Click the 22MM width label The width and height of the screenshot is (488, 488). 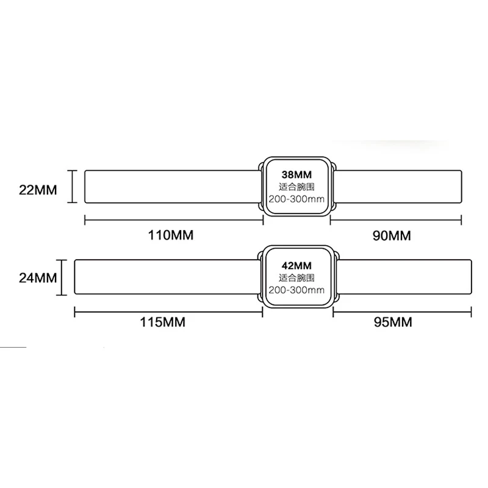[x=38, y=189]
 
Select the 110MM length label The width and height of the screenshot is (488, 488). [x=171, y=235]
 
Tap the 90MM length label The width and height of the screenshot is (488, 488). [x=392, y=235]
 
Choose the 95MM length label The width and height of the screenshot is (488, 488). [x=392, y=321]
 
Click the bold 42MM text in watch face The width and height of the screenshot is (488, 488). [x=296, y=265]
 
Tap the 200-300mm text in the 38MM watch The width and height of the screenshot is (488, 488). [x=296, y=198]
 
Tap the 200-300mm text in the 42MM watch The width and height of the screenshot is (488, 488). [x=296, y=290]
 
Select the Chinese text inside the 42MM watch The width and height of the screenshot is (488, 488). [x=296, y=278]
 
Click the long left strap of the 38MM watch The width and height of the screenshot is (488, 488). [x=171, y=187]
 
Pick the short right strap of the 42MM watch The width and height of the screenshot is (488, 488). [x=403, y=278]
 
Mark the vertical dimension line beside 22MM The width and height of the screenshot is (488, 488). [x=72, y=187]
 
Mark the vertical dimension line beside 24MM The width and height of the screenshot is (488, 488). [x=61, y=278]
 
